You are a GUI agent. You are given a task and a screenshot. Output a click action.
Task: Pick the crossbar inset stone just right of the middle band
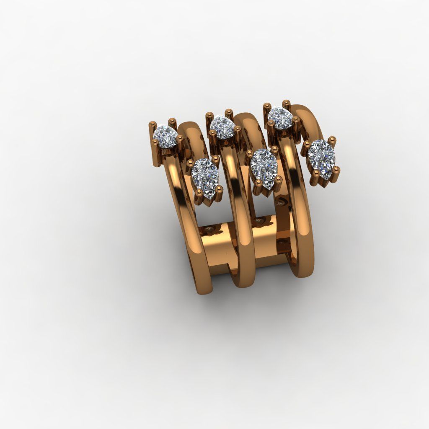260,221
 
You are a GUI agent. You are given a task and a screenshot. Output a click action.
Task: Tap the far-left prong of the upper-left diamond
152,124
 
